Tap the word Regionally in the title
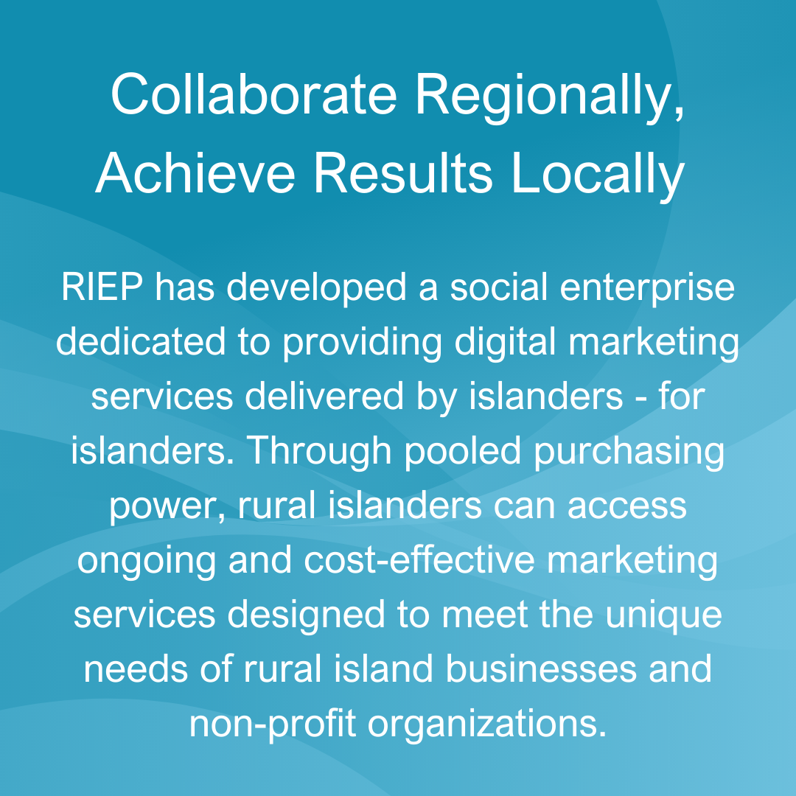click(x=550, y=97)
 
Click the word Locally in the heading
click(x=598, y=176)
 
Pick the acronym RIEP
click(x=102, y=287)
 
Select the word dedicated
click(x=141, y=341)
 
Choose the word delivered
click(x=324, y=396)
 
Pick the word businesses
click(x=541, y=669)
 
